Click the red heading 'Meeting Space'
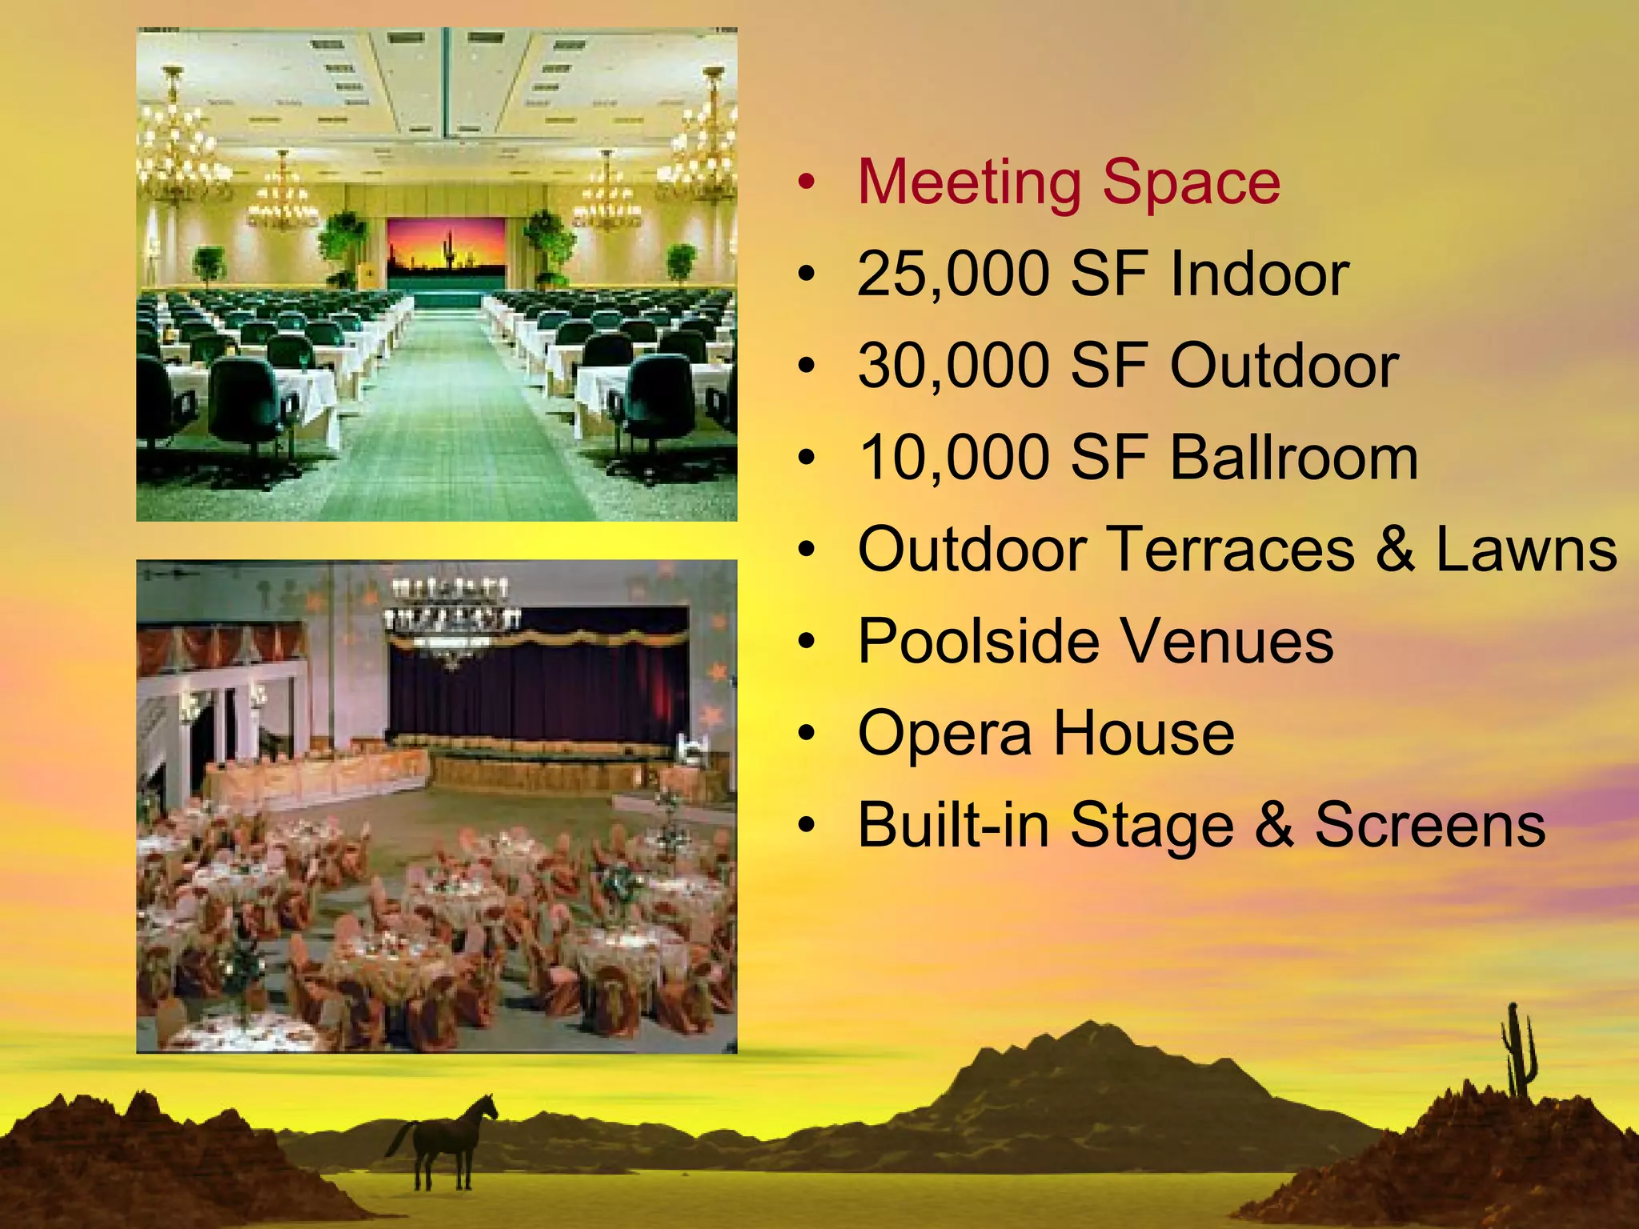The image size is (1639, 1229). click(1068, 183)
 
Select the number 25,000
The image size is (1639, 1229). click(952, 274)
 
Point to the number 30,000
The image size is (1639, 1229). click(952, 366)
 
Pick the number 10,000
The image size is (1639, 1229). click(952, 458)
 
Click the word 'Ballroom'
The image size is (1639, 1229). click(1294, 458)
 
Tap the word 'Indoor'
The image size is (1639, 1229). click(1260, 274)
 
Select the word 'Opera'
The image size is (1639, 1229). click(944, 735)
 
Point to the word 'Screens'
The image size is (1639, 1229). click(1430, 825)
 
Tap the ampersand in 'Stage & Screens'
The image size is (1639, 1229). click(1274, 825)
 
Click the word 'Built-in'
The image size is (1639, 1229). click(952, 825)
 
